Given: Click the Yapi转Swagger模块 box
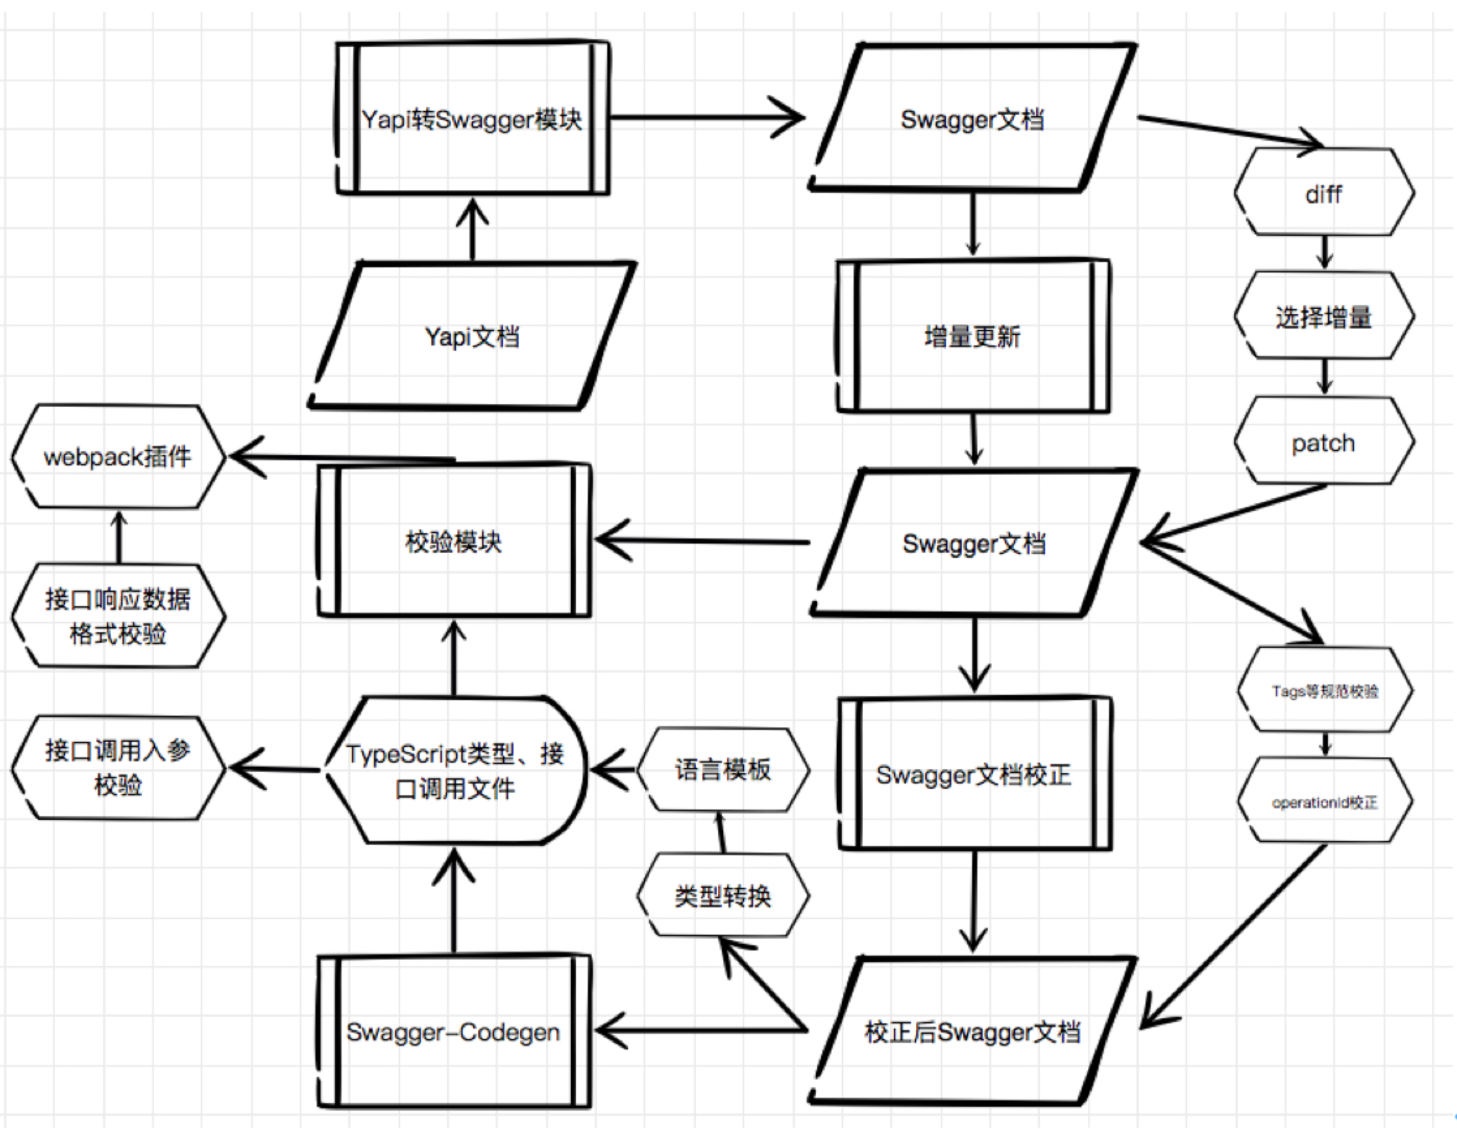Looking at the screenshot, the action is [x=472, y=119].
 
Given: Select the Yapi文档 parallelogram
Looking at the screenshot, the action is [x=472, y=336].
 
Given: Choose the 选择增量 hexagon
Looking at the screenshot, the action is [x=1324, y=315].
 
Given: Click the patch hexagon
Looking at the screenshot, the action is [x=1324, y=441].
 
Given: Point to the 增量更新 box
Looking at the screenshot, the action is [x=974, y=336].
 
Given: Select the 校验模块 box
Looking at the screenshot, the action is [x=454, y=540].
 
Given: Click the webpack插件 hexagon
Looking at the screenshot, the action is [x=119, y=456].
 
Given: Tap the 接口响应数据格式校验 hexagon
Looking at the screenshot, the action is [x=119, y=616].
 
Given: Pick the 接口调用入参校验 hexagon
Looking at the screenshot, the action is [x=119, y=767].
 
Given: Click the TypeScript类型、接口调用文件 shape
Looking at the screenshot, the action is [x=455, y=770].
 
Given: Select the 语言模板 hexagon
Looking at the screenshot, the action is [x=723, y=769].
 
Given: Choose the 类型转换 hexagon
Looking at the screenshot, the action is [x=723, y=895].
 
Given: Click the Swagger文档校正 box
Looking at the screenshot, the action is [x=975, y=774].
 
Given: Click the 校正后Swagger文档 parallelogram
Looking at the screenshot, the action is [x=973, y=1031].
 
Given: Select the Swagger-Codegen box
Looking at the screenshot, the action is [x=454, y=1032].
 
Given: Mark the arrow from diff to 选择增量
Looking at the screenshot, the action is [x=1325, y=252].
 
